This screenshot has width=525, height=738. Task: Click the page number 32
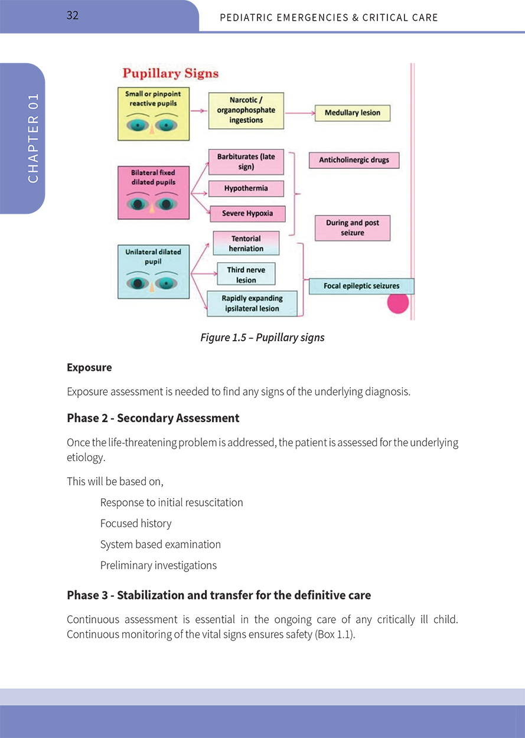[73, 16]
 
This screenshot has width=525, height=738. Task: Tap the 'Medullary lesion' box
[353, 113]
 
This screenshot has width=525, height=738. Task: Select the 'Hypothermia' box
[246, 188]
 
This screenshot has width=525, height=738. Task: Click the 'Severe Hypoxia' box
[247, 213]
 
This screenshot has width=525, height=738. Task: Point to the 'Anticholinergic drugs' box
[354, 160]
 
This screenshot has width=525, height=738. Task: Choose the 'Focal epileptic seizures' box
[361, 286]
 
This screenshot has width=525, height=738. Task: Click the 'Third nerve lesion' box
[246, 275]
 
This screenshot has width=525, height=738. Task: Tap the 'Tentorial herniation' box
[246, 243]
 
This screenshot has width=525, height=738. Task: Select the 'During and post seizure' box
[353, 228]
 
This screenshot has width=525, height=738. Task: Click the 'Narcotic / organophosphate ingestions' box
[246, 110]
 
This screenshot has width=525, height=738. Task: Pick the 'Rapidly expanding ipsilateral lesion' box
[252, 303]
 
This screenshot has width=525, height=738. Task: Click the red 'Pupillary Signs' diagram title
[170, 74]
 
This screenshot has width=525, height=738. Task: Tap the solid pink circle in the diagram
[397, 303]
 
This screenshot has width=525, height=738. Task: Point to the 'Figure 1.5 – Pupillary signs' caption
[262, 338]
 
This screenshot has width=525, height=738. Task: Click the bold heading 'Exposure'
[89, 368]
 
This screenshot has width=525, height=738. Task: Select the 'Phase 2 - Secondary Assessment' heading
[153, 418]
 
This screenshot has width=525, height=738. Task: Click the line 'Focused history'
[136, 524]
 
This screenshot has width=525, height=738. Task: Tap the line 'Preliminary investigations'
[158, 566]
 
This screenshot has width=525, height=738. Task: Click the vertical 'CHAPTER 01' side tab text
[33, 138]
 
